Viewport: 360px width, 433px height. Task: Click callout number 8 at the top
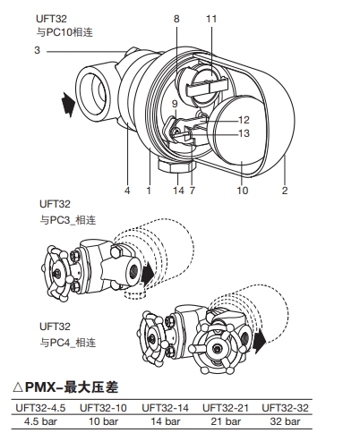[176, 19]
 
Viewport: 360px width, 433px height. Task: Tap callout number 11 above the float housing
[211, 19]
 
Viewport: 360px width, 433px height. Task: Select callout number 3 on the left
[37, 50]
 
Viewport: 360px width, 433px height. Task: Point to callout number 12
[244, 120]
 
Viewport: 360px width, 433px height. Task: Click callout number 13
[244, 133]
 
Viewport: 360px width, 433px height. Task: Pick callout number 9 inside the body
[175, 104]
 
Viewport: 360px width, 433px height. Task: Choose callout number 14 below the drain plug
[179, 191]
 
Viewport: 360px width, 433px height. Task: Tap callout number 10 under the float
[243, 191]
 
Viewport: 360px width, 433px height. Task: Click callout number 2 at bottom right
[285, 191]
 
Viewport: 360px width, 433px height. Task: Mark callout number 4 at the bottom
[127, 191]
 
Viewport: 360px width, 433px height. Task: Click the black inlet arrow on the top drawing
[68, 105]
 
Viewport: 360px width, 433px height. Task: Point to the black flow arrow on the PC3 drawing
[148, 274]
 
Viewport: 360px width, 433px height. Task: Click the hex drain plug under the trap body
[176, 166]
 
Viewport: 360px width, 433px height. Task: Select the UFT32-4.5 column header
[40, 408]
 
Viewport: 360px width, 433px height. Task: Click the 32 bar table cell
[285, 421]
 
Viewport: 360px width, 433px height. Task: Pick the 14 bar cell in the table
[166, 421]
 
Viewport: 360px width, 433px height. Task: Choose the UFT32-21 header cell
[226, 408]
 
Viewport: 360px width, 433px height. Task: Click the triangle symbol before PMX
[18, 387]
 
